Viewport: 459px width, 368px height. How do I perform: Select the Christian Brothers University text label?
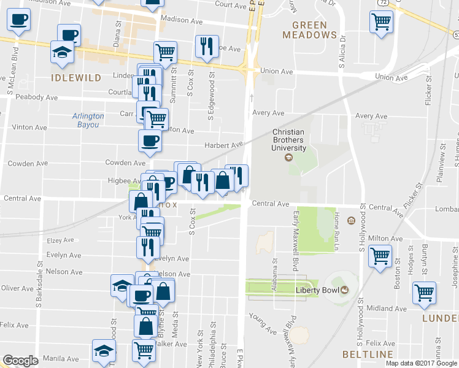tap(289, 140)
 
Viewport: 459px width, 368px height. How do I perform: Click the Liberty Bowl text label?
tap(317, 290)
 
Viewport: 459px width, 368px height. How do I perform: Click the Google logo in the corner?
tap(20, 361)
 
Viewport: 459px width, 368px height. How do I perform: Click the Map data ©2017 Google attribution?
tap(421, 362)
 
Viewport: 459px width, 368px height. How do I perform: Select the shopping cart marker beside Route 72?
tap(382, 21)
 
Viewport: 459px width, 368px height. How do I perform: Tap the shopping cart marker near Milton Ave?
tap(380, 255)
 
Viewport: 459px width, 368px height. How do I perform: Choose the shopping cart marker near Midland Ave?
tap(424, 292)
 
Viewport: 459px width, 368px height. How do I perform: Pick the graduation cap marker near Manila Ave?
tap(103, 350)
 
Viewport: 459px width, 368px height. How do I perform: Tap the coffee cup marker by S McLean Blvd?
tap(18, 19)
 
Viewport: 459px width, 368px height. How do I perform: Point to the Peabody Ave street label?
tap(36, 98)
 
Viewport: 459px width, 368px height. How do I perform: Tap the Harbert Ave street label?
tap(224, 145)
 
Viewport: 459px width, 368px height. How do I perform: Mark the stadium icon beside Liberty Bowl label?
tap(344, 290)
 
